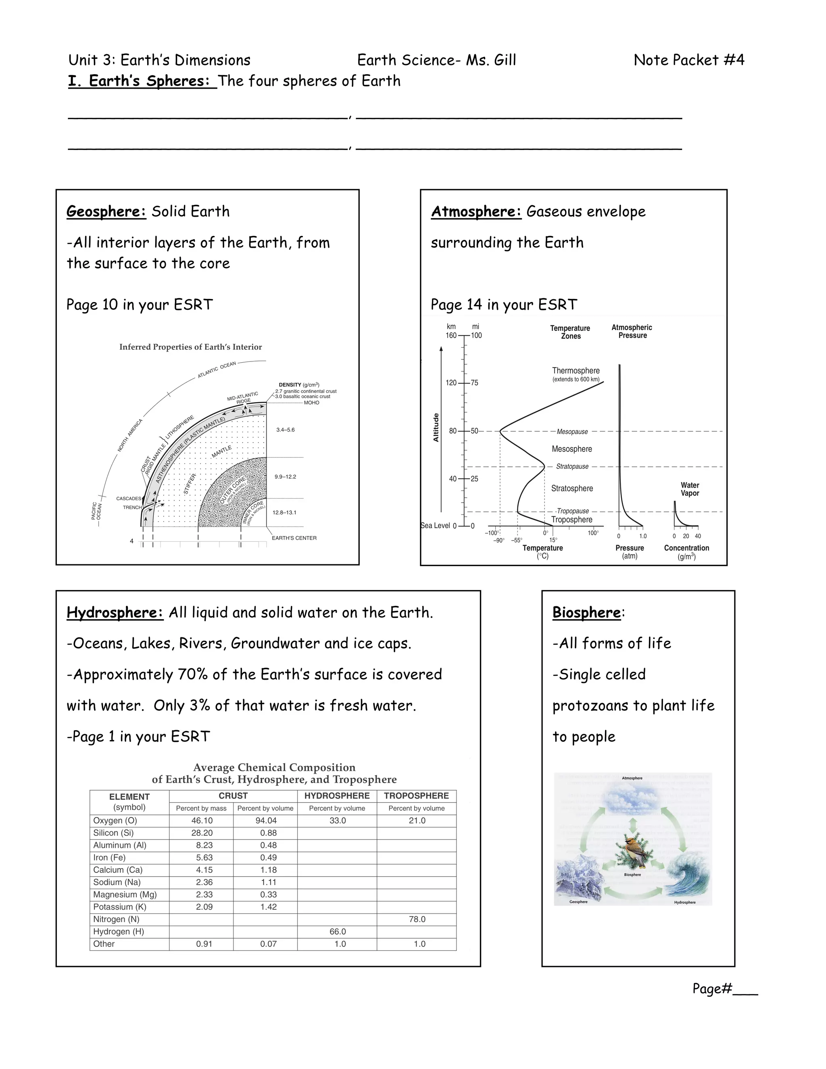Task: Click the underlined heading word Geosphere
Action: pyautogui.click(x=106, y=211)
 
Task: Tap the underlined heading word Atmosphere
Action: pyautogui.click(x=476, y=211)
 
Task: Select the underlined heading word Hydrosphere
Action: pyautogui.click(x=115, y=612)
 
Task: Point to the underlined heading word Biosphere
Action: pyautogui.click(x=586, y=612)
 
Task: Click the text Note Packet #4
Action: pyautogui.click(x=688, y=60)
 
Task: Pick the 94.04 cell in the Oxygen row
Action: pyautogui.click(x=266, y=821)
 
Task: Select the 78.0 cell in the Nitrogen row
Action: pyautogui.click(x=417, y=919)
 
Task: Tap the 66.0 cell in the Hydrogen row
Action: pyautogui.click(x=337, y=931)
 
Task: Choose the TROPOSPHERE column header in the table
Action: pyautogui.click(x=416, y=796)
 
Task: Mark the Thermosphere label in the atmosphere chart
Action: pyautogui.click(x=576, y=371)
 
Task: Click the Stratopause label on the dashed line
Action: pyautogui.click(x=572, y=466)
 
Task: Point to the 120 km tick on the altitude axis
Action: pyautogui.click(x=451, y=383)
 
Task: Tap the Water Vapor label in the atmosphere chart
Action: pyautogui.click(x=689, y=489)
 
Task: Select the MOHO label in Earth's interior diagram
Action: pyautogui.click(x=311, y=403)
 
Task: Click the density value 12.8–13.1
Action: pyautogui.click(x=284, y=512)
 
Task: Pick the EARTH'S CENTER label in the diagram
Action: pyautogui.click(x=294, y=538)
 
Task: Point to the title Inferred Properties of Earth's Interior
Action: pyautogui.click(x=190, y=347)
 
